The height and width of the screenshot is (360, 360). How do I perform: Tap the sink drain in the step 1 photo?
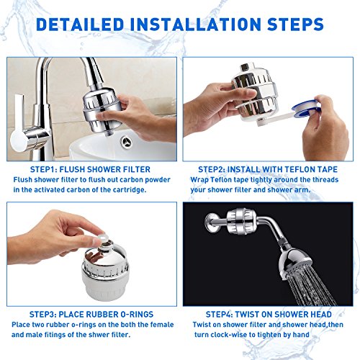click(127, 142)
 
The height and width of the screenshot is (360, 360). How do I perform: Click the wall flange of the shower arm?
click(211, 223)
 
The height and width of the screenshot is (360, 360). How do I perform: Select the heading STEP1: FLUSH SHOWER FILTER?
click(90, 169)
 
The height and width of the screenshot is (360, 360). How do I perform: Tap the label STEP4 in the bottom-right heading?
click(219, 315)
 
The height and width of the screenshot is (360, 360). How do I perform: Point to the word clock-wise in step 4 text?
click(229, 335)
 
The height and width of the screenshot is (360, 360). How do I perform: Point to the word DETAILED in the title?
click(80, 24)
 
